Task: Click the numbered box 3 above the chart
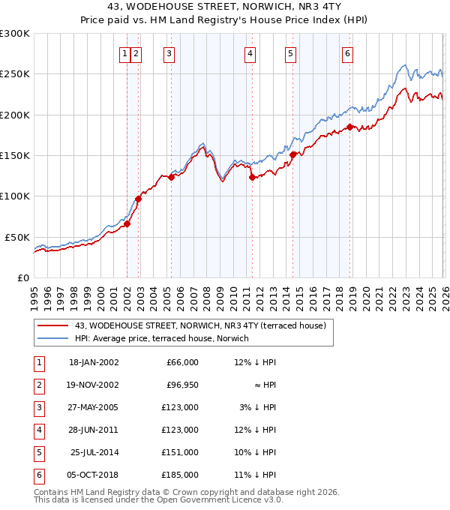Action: pos(169,53)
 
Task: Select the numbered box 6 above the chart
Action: pos(348,53)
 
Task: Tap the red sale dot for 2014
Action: pos(292,155)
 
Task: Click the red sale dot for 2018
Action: pos(349,127)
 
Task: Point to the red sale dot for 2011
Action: pos(252,178)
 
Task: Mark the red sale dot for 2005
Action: pos(171,178)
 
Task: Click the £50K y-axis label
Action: pos(17,237)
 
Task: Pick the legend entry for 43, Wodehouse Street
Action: pos(200,325)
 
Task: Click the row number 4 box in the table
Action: pos(37,430)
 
